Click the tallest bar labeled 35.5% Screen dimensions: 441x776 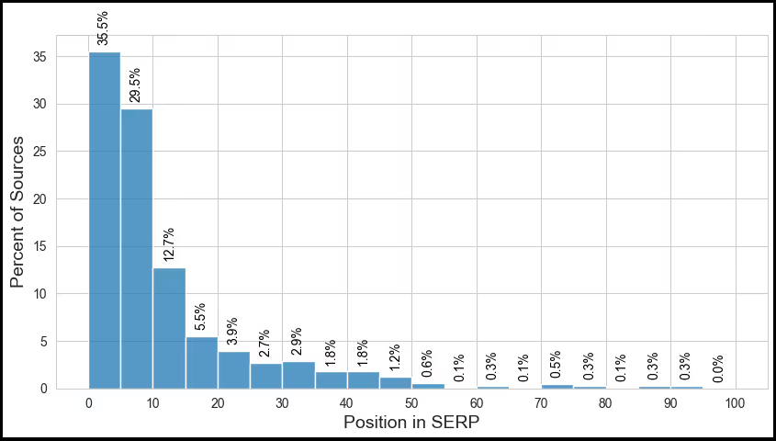pyautogui.click(x=105, y=220)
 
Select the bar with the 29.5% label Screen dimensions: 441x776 pyautogui.click(x=137, y=248)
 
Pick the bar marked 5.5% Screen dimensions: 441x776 pyautogui.click(x=201, y=363)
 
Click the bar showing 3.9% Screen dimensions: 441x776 pyautogui.click(x=233, y=370)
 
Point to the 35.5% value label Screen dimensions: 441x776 pyautogui.click(x=103, y=28)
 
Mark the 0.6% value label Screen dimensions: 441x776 pyautogui.click(x=426, y=364)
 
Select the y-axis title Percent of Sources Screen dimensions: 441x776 pyautogui.click(x=18, y=211)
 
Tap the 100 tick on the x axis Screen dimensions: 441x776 pyautogui.click(x=735, y=402)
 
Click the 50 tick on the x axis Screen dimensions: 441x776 pyautogui.click(x=411, y=402)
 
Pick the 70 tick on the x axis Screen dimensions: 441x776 pyautogui.click(x=541, y=402)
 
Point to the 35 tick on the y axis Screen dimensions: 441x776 pyautogui.click(x=41, y=57)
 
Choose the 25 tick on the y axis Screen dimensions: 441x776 pyautogui.click(x=41, y=152)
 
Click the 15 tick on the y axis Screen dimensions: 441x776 pyautogui.click(x=41, y=246)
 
